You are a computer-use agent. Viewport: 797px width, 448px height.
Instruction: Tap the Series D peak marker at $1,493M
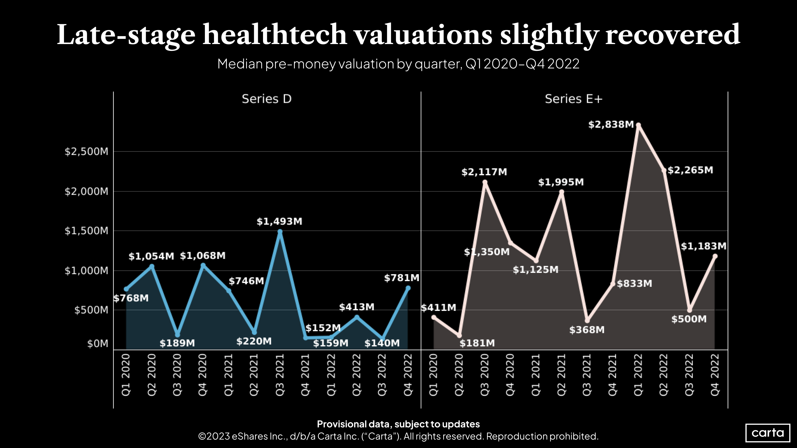click(280, 231)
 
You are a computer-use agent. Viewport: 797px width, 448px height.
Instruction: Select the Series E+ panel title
click(573, 99)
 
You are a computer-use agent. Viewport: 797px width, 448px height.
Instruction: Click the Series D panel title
click(266, 99)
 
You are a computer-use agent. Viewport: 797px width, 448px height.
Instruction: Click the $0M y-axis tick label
click(98, 343)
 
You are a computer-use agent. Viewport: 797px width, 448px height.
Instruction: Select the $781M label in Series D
click(401, 278)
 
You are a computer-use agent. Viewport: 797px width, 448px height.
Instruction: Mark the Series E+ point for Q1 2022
click(638, 125)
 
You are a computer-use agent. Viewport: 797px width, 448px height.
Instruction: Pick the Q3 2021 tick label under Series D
click(280, 375)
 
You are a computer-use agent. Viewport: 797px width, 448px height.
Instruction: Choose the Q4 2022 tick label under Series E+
click(715, 375)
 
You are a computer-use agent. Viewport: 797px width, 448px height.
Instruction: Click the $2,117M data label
click(484, 172)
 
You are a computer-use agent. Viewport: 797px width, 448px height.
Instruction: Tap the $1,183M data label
click(703, 246)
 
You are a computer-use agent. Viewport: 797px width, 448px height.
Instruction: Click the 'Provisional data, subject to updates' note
click(398, 424)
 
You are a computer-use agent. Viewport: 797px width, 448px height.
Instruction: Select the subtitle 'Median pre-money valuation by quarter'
click(398, 64)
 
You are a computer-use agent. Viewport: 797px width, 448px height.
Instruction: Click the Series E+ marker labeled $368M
click(587, 320)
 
